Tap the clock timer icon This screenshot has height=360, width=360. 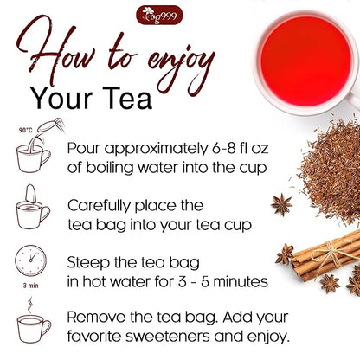30,263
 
